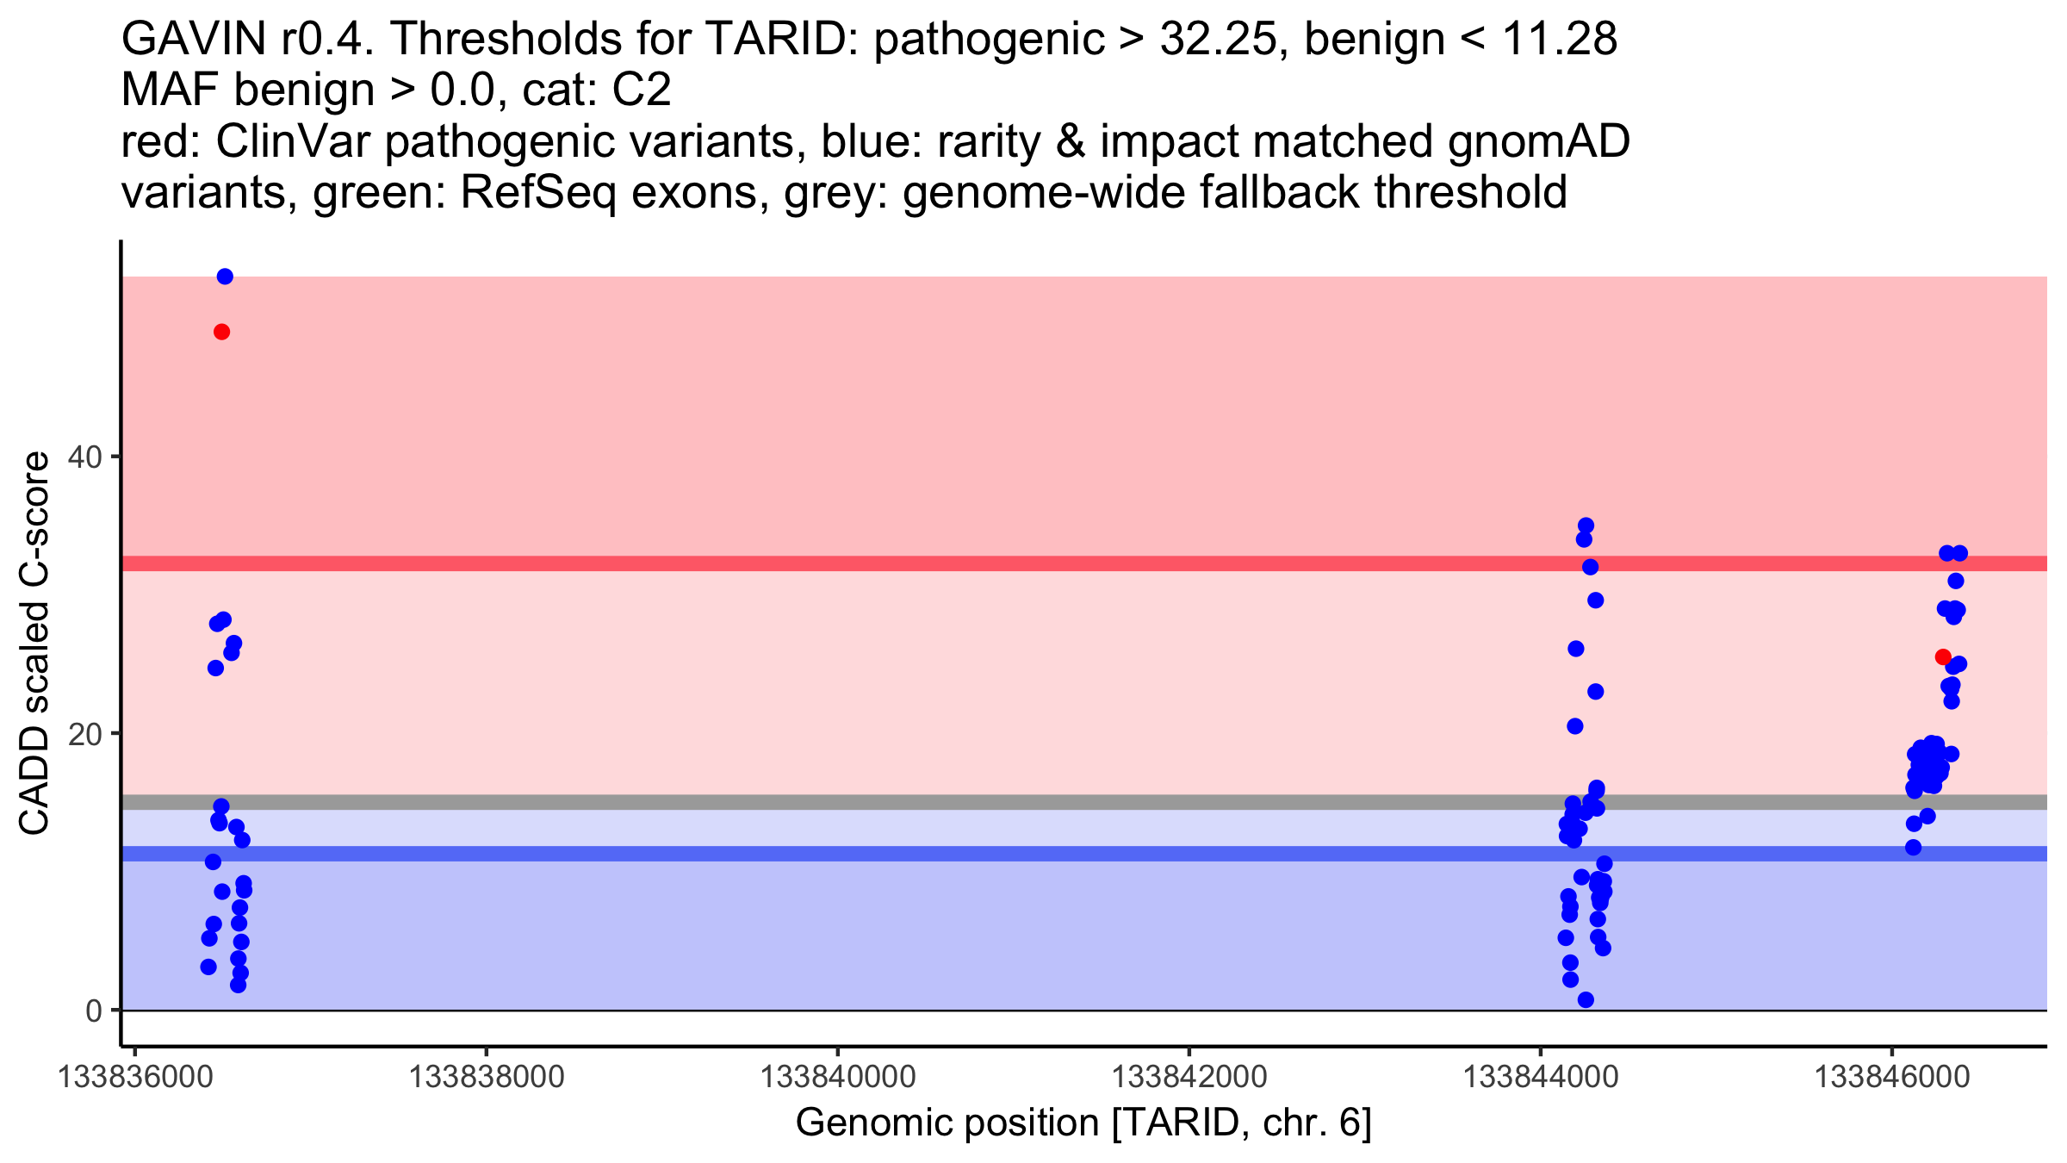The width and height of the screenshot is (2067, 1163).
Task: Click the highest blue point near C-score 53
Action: [x=225, y=277]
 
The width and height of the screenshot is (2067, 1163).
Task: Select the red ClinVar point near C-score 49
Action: [x=221, y=333]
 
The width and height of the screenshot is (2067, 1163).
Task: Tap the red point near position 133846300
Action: [x=1943, y=657]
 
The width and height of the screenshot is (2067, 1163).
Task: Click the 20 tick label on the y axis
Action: [x=86, y=734]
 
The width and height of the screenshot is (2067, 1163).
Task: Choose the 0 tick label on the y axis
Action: [x=94, y=1011]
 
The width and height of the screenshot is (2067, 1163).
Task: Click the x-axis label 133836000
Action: [x=134, y=1077]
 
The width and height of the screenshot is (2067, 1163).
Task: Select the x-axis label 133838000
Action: [x=486, y=1077]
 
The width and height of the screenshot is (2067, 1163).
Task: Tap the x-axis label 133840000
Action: [x=837, y=1077]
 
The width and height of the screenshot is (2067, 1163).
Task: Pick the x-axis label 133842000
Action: [x=1189, y=1077]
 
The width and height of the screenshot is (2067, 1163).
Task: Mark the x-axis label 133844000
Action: [x=1540, y=1077]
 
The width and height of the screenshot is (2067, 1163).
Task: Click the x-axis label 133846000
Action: [x=1891, y=1077]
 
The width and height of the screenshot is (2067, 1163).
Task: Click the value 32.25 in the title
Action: [x=1216, y=40]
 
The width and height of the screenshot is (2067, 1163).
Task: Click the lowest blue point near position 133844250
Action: [x=1586, y=1000]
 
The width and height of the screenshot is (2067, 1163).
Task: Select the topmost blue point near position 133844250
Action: [x=1586, y=526]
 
